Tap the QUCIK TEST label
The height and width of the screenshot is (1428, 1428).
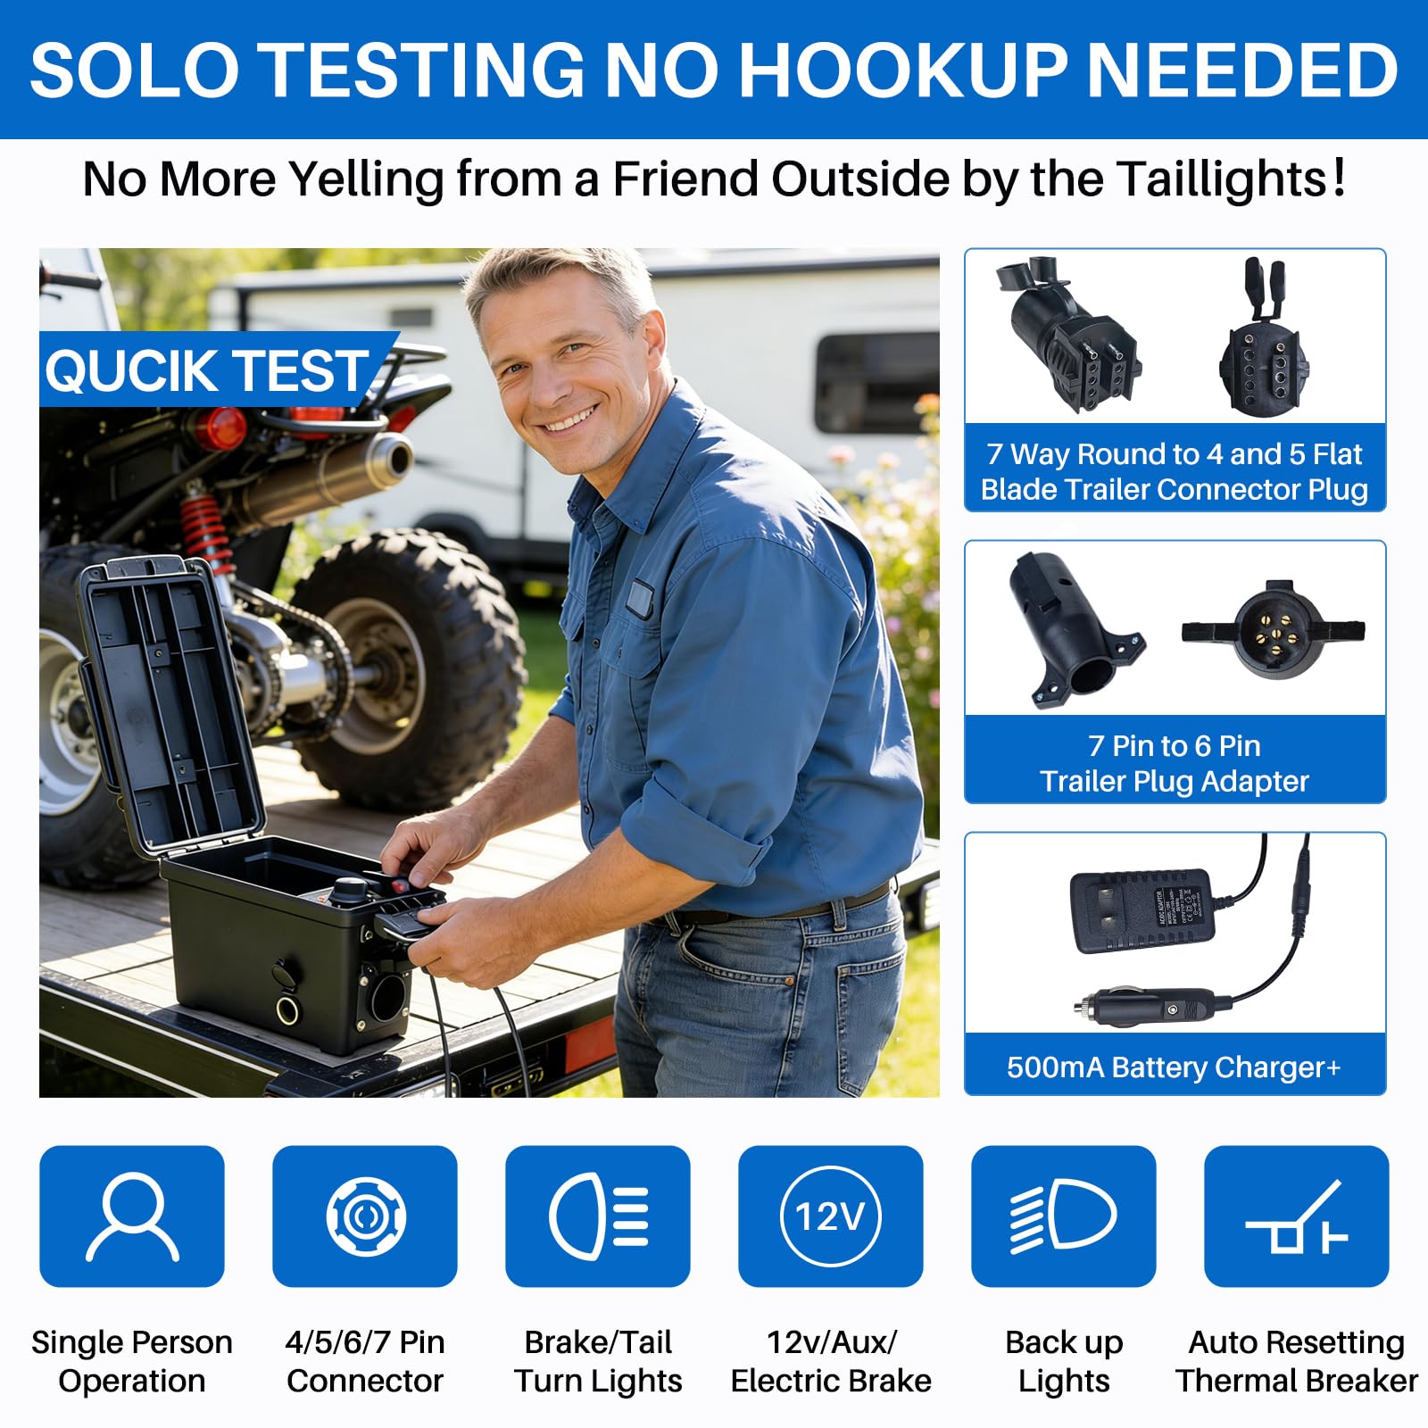click(x=207, y=370)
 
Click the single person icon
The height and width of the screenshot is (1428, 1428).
click(x=132, y=1216)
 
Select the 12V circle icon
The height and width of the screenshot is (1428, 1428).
click(x=831, y=1216)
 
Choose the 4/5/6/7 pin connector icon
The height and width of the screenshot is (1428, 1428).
click(x=366, y=1216)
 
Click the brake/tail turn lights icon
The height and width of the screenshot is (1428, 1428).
click(x=598, y=1216)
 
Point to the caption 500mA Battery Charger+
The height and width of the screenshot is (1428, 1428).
click(x=1174, y=1067)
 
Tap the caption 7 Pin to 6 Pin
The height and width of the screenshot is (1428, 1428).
click(x=1175, y=745)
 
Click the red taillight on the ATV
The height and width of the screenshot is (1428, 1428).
click(x=220, y=429)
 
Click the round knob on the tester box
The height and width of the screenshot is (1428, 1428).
click(x=350, y=889)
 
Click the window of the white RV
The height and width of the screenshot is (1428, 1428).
click(x=876, y=384)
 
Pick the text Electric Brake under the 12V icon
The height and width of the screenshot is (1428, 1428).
click(x=831, y=1381)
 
